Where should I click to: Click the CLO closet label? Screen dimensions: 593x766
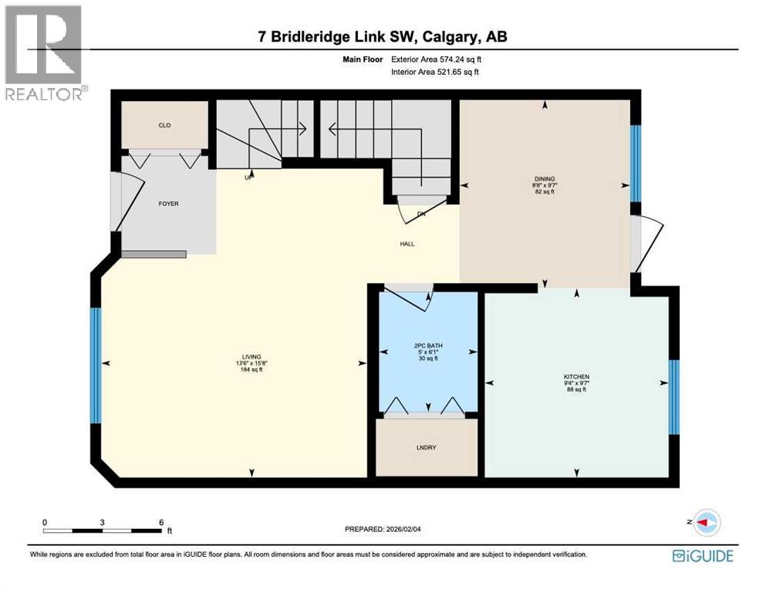[x=164, y=124]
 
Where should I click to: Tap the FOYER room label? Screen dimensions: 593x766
[x=168, y=204]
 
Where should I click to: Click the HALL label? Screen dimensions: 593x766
[x=407, y=244]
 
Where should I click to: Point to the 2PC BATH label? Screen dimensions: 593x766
[x=428, y=346]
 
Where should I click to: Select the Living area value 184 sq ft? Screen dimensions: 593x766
[x=251, y=370]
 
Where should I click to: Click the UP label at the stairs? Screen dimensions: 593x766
[x=248, y=178]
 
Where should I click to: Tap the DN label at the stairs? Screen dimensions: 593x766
[x=420, y=214]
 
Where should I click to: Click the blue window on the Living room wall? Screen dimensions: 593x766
[x=96, y=365]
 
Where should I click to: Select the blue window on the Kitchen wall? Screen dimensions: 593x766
[x=673, y=397]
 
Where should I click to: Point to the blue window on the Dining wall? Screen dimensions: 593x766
[x=635, y=163]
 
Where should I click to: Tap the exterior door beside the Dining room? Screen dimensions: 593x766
[x=646, y=244]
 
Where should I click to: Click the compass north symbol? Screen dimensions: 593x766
[x=704, y=523]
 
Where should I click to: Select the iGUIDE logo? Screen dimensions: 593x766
[x=703, y=556]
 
